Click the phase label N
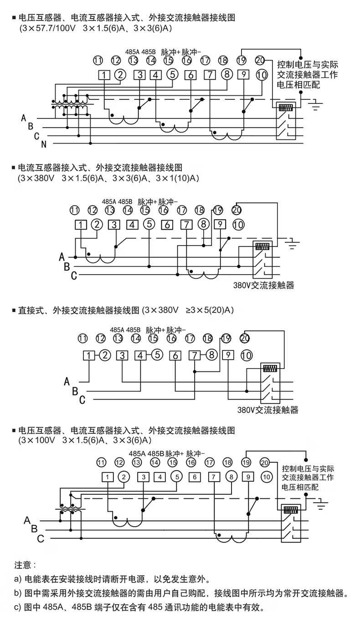[x=44, y=145]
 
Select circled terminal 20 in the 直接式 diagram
[x=245, y=338]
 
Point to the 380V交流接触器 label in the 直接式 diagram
[x=267, y=410]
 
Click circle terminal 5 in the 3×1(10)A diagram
[x=149, y=224]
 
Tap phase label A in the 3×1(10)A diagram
[x=62, y=257]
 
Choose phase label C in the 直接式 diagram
[x=82, y=400]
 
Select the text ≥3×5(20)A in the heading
[x=209, y=311]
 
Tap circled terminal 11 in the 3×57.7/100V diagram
[x=98, y=60]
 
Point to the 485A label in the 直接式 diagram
[x=117, y=329]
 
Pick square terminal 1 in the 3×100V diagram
[x=107, y=477]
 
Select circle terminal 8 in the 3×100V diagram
[x=231, y=477]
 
